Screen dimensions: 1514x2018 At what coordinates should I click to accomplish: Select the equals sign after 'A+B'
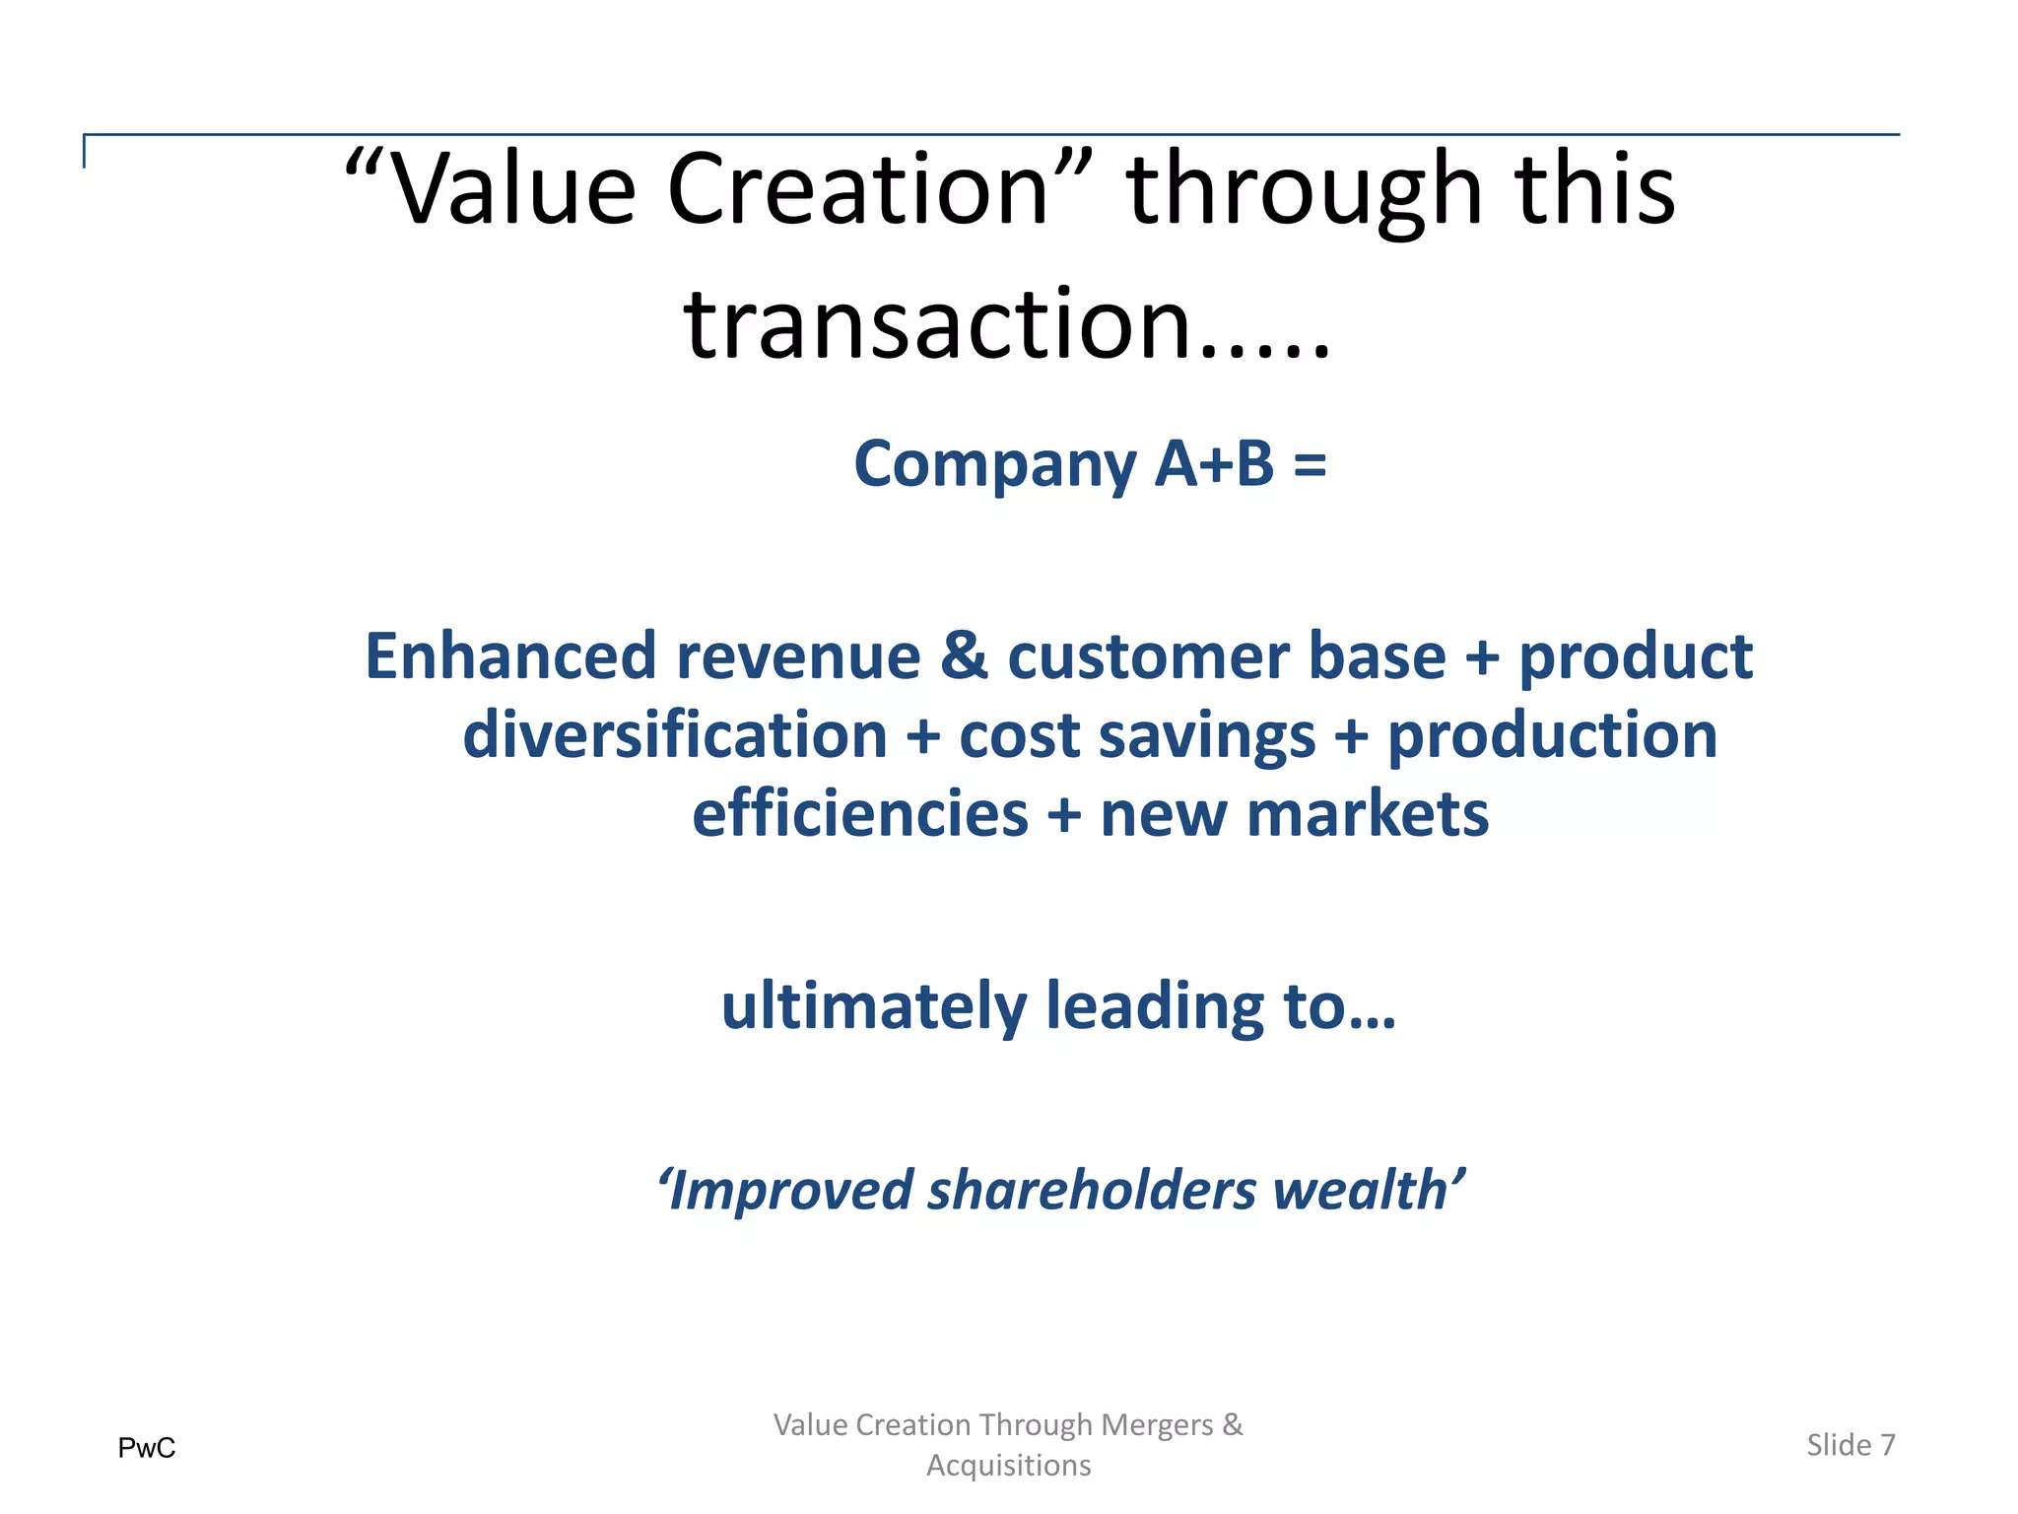[x=1310, y=464]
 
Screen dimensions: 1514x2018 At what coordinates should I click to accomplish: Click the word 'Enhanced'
[x=510, y=656]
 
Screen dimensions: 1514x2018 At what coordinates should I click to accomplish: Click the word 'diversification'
[x=675, y=735]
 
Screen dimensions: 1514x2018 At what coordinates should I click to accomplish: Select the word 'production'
[x=1552, y=737]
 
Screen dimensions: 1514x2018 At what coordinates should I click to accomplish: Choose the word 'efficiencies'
[x=860, y=814]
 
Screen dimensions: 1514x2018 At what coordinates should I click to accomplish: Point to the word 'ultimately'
[x=874, y=1007]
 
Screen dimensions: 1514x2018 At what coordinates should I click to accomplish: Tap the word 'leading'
[x=1154, y=1007]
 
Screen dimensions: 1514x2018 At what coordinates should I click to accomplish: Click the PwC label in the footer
[x=147, y=1448]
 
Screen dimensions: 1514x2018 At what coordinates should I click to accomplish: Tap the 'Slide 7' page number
[x=1850, y=1445]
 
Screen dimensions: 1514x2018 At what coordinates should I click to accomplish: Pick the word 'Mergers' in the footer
[x=1157, y=1425]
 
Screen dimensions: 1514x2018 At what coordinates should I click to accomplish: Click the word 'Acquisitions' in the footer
[x=1008, y=1466]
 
